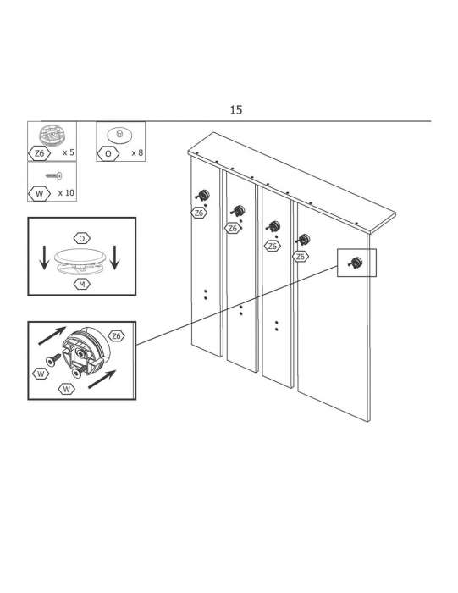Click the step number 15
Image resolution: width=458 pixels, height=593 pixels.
[x=236, y=110]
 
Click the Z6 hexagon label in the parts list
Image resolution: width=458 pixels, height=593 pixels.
[x=39, y=153]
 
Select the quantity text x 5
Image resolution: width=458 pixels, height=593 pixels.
[x=69, y=152]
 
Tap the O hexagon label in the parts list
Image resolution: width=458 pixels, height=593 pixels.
[x=108, y=153]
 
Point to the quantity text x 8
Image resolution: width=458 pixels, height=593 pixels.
[x=137, y=152]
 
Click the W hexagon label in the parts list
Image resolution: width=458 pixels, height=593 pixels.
[x=39, y=194]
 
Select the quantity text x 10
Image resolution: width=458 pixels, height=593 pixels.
[x=66, y=193]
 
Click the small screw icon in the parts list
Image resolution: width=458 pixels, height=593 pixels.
[x=54, y=175]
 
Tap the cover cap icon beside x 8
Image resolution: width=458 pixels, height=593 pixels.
[x=119, y=135]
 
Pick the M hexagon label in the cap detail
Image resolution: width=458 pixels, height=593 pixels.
[x=82, y=285]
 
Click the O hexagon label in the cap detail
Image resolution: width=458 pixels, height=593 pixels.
[x=82, y=239]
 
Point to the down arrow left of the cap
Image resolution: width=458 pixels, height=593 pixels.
[x=44, y=258]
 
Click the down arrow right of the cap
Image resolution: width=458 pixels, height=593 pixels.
[x=114, y=258]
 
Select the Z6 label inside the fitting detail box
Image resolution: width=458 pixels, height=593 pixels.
[x=116, y=335]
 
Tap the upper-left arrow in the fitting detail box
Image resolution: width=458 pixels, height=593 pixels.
[x=52, y=335]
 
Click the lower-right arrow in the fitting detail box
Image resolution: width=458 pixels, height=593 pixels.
[x=102, y=380]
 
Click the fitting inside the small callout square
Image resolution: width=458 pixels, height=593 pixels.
[x=356, y=262]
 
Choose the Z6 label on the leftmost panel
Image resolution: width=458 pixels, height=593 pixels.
[x=199, y=213]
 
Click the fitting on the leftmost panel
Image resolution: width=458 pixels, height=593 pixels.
[x=202, y=196]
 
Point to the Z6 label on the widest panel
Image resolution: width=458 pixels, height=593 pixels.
[x=301, y=257]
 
